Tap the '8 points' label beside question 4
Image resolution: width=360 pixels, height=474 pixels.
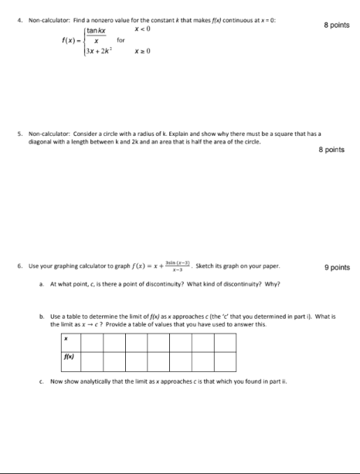pyautogui.click(x=337, y=25)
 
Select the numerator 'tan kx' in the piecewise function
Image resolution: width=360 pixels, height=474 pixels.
pyautogui.click(x=96, y=31)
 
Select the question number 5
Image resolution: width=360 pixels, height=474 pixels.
pyautogui.click(x=7, y=133)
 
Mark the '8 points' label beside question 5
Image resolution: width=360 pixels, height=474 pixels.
pyautogui.click(x=331, y=150)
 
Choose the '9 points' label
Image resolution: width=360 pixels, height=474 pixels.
pyautogui.click(x=337, y=268)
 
